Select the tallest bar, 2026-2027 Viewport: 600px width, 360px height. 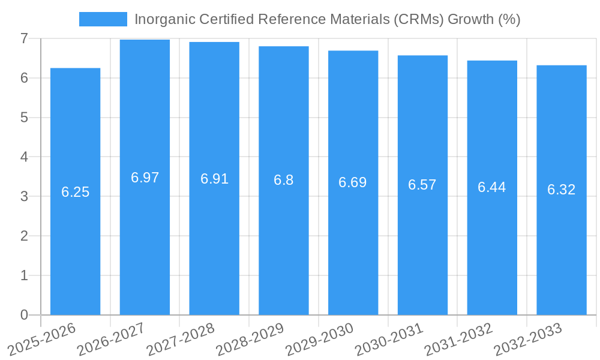145,240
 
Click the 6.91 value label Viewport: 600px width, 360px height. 214,179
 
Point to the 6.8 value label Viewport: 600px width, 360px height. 283,180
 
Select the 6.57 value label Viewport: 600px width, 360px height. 422,185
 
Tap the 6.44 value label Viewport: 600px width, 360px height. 491,187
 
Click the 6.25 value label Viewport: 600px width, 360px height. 75,192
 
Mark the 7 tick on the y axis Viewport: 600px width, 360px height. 24,38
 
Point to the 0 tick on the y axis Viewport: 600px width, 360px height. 24,315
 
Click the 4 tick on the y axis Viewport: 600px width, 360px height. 24,157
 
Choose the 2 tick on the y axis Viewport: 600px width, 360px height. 24,236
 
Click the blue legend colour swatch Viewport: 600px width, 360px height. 103,19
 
